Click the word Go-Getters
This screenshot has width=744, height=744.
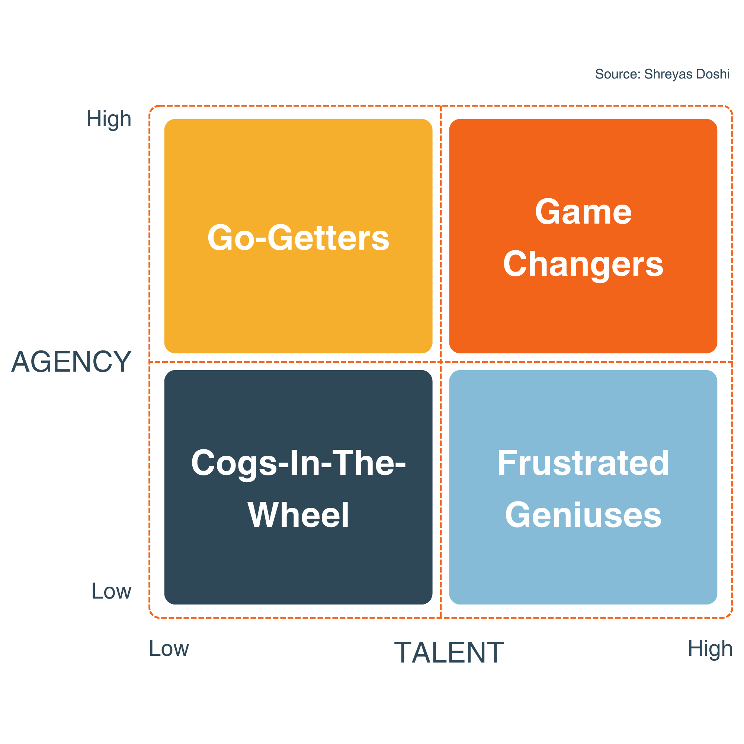pos(298,238)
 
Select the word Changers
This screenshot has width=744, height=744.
pos(583,264)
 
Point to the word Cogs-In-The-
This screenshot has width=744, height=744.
pos(298,463)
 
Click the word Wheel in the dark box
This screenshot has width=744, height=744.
pos(298,515)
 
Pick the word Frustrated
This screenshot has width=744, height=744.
pos(583,463)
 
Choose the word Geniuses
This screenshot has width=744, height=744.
pos(583,516)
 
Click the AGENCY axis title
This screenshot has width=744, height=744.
pos(71,362)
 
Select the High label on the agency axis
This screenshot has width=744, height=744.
pos(109,119)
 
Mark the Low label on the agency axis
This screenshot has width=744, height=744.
pos(111,591)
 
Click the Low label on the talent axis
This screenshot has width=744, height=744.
pos(169,648)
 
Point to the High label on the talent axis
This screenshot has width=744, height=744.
pos(710,648)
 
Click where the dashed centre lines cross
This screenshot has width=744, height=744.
pos(440,362)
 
